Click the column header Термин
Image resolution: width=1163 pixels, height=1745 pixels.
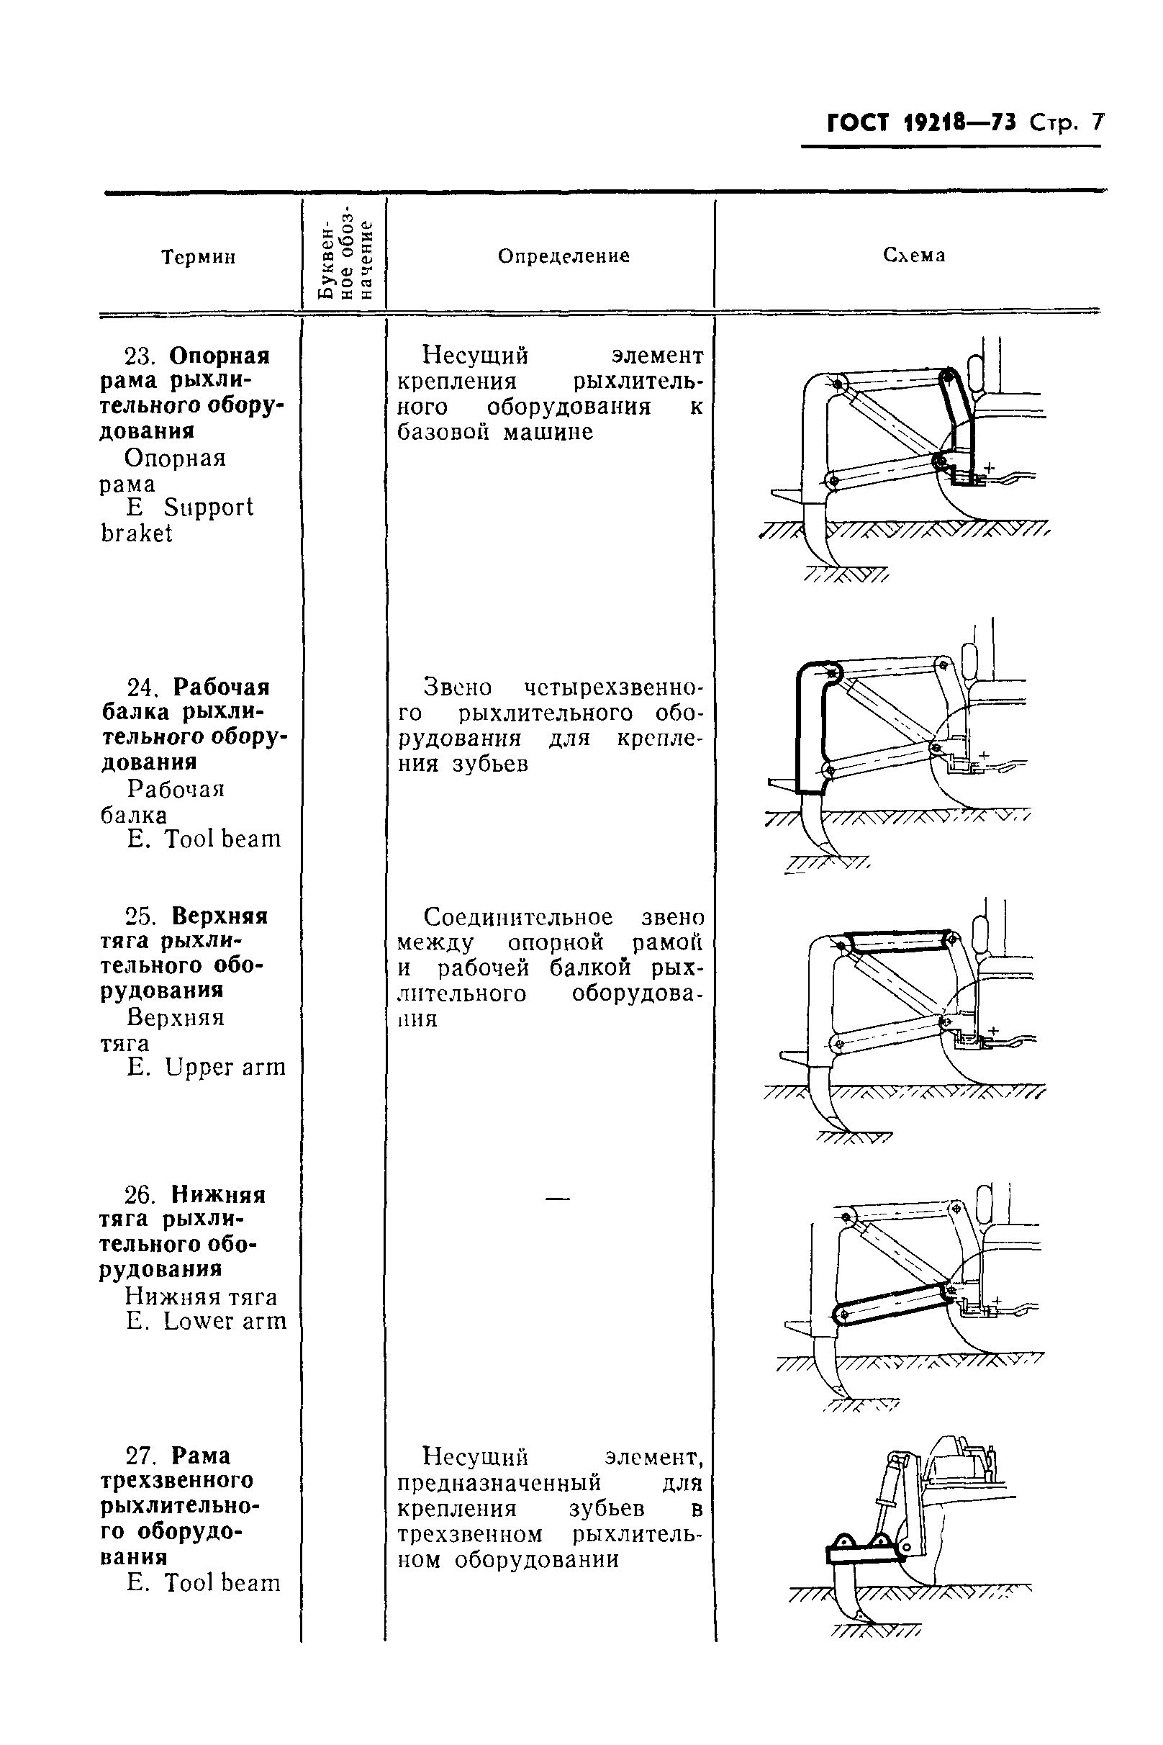(x=198, y=258)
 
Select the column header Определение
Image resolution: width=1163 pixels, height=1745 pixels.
(x=563, y=256)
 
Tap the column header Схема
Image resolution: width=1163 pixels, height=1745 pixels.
(x=914, y=256)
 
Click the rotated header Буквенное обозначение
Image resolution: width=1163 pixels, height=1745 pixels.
(x=345, y=256)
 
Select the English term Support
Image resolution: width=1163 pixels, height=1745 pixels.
(x=209, y=508)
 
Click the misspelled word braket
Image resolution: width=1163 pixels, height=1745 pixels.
(x=137, y=533)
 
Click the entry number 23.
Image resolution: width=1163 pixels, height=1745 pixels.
(x=139, y=357)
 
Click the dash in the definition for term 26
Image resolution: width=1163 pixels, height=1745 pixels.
(x=557, y=1197)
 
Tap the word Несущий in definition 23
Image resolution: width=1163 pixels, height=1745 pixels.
(x=475, y=356)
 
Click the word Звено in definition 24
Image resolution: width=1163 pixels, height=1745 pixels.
(x=457, y=687)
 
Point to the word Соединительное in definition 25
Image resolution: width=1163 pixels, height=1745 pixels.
(x=517, y=918)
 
